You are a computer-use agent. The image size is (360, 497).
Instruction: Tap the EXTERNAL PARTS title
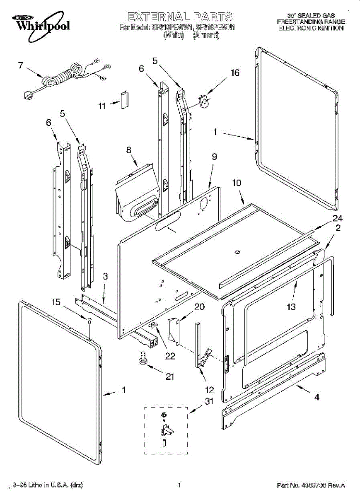pyautogui.click(x=180, y=17)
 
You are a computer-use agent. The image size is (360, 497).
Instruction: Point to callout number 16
pyautogui.click(x=235, y=73)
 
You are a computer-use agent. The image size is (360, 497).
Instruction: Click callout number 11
pyautogui.click(x=102, y=106)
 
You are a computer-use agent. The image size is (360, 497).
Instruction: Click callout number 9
pyautogui.click(x=214, y=157)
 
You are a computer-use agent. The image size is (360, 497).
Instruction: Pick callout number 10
pyautogui.click(x=237, y=183)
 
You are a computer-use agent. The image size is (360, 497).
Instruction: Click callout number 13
pyautogui.click(x=291, y=307)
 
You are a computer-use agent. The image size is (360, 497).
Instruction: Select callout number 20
pyautogui.click(x=200, y=307)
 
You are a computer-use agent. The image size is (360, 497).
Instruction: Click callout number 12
pyautogui.click(x=210, y=390)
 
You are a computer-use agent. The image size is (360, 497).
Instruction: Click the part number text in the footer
pyautogui.click(x=311, y=485)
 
